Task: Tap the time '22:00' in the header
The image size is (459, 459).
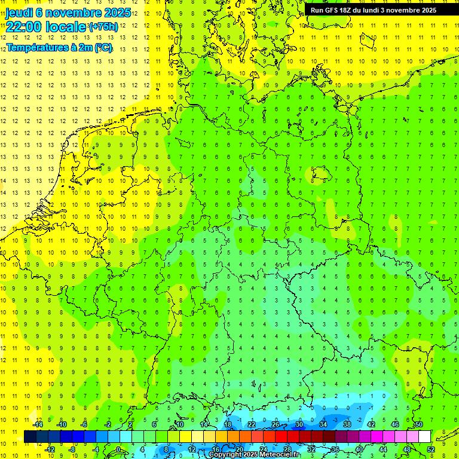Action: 22,27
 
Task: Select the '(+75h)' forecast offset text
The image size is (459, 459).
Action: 103,27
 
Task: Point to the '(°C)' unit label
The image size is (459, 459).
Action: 103,48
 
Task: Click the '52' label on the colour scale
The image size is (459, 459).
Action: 431,449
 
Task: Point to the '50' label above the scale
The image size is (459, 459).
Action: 419,424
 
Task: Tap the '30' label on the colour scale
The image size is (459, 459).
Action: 299,424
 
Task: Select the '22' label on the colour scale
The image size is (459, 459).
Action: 251,424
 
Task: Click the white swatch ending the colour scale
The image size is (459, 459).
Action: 425,437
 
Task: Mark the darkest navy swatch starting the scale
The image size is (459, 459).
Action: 30,437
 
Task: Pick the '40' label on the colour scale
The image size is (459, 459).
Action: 359,449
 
